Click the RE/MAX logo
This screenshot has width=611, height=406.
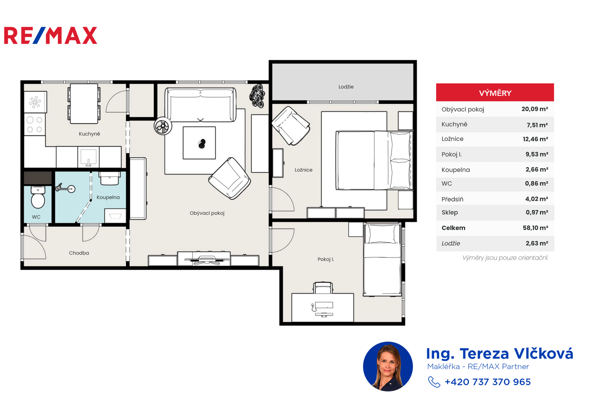point(50,35)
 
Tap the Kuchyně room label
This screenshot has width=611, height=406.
point(89,134)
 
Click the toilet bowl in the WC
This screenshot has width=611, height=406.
point(38,198)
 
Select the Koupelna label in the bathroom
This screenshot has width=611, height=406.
point(108,197)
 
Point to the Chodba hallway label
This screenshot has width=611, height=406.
point(79,253)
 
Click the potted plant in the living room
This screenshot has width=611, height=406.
point(257,96)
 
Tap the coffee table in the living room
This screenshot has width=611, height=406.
point(199,143)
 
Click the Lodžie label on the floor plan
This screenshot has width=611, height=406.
point(346,87)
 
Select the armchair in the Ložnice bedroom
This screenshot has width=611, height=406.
point(291,126)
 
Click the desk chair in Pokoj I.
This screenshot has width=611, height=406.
point(323,288)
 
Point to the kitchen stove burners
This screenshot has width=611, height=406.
point(35,124)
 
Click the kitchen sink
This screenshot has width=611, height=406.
point(88,157)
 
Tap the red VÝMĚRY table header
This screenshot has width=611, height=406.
point(495,93)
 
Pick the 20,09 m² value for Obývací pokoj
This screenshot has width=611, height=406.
point(535,109)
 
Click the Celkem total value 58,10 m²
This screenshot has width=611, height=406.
point(535,228)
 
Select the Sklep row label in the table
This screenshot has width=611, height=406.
point(449,212)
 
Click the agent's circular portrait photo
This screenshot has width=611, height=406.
point(388,366)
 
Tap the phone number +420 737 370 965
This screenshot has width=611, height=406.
point(488,382)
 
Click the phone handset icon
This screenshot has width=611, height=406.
point(434,382)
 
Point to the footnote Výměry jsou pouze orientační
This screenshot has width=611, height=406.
point(505,258)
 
